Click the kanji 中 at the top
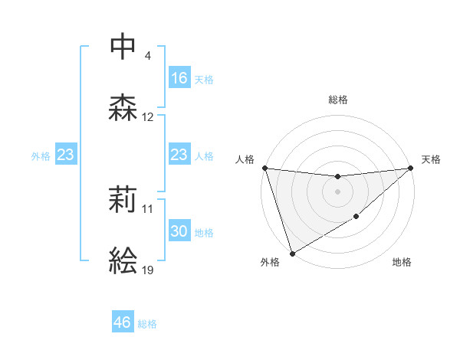123,46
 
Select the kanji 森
123,108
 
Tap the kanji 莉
123,201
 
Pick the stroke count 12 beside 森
148,117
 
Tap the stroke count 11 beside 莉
148,209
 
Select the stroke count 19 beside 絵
148,270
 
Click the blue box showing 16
179,78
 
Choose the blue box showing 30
179,232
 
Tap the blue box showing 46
123,322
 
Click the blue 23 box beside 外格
66,155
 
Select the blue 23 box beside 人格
179,155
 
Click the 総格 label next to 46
148,324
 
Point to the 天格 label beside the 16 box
204,80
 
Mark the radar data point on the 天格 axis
410,169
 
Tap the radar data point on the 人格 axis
264,168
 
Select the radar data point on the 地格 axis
356,218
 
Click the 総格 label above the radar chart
337,100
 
